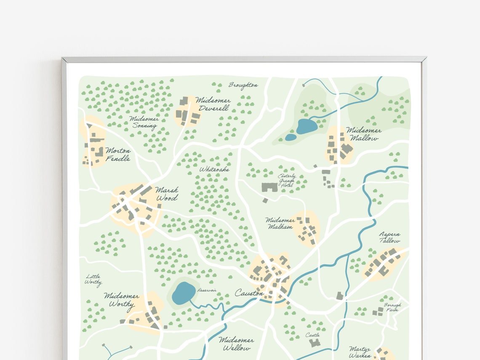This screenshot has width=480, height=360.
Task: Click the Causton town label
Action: tap(249, 292)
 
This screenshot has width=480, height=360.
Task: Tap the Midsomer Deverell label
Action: tap(213, 104)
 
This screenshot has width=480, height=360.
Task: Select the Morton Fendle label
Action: tap(118, 155)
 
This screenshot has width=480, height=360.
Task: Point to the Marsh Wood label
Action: tap(167, 194)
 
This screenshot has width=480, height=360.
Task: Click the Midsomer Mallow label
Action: tap(363, 134)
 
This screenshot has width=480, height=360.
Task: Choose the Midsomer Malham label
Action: tap(280, 223)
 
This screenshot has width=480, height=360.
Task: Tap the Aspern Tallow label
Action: tap(389, 237)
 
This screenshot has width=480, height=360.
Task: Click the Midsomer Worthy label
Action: tap(121, 300)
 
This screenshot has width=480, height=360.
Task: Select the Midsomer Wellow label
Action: tap(236, 344)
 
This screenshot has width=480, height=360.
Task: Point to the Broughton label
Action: tap(243, 85)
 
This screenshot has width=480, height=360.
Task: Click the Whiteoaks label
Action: tap(214, 169)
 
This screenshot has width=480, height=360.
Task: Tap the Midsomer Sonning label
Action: tap(144, 122)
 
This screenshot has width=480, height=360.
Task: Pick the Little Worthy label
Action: tap(93, 280)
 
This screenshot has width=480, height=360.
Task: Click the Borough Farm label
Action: tap(392, 307)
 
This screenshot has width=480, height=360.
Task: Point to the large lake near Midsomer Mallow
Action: tap(307, 126)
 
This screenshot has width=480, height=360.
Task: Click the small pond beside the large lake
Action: tap(291, 137)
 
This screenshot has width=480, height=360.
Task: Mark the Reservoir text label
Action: tap(207, 291)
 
